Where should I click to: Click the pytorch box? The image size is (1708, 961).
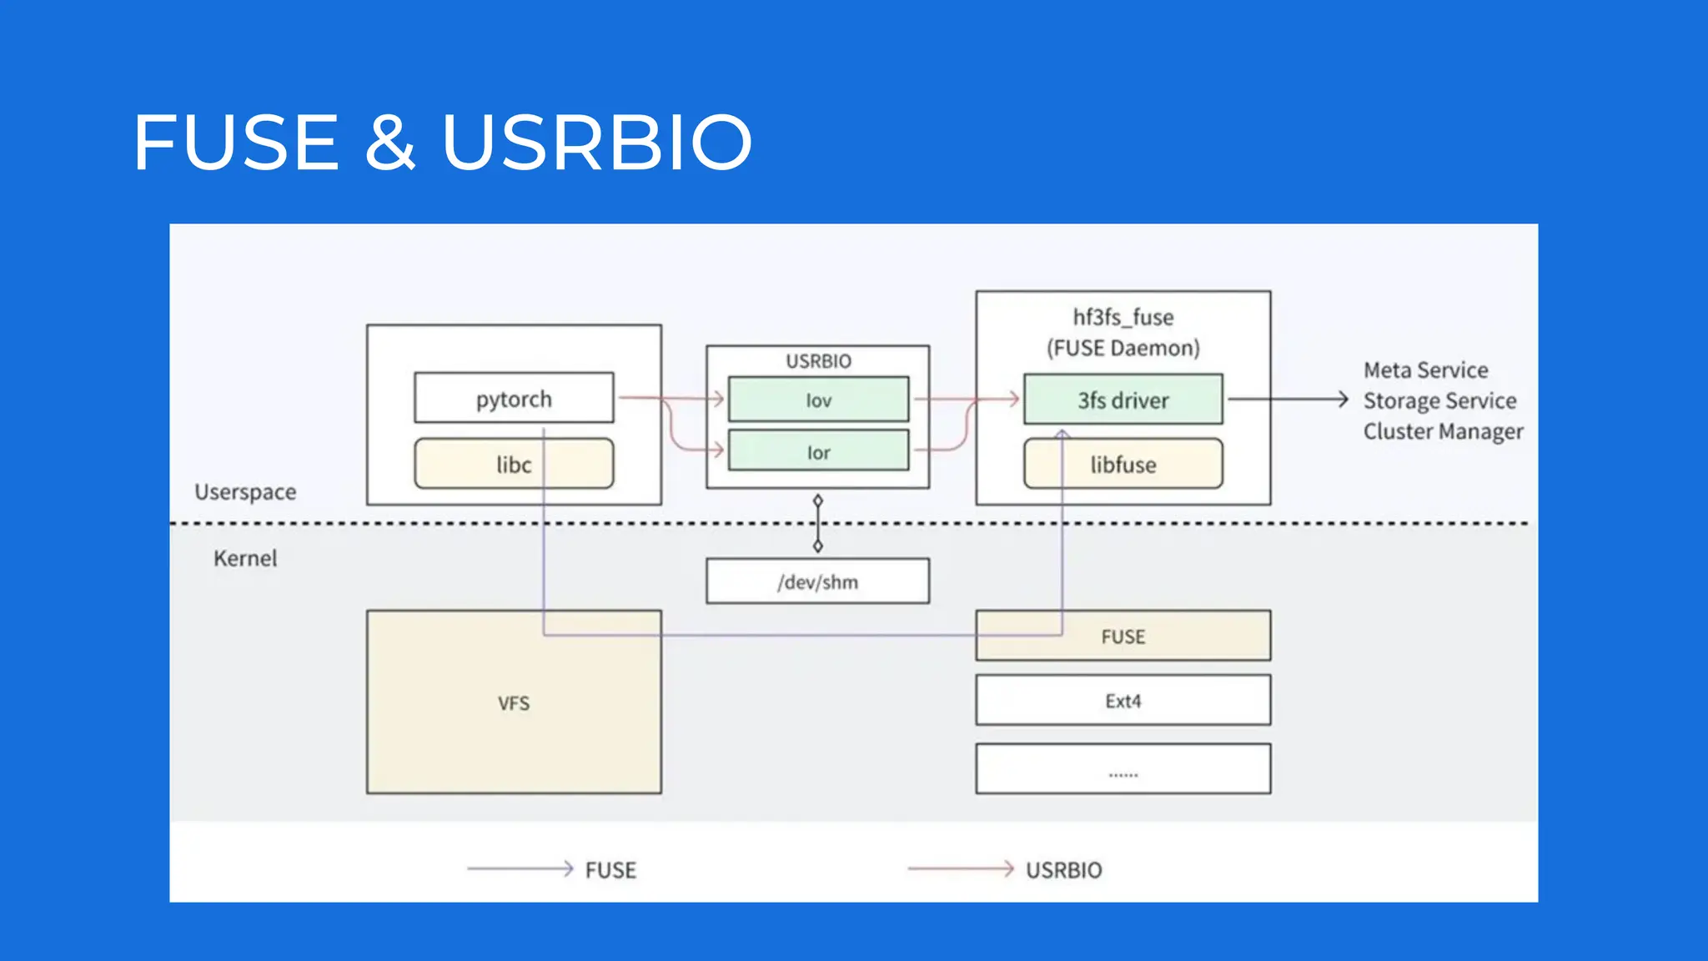click(x=514, y=399)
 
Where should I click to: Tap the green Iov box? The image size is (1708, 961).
click(x=818, y=400)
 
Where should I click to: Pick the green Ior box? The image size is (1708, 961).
click(x=818, y=451)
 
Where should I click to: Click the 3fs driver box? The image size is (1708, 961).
click(x=1123, y=400)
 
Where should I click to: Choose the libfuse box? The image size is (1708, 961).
click(x=1123, y=464)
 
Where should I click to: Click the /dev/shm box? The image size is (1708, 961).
click(x=817, y=581)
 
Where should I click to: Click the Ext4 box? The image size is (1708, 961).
click(x=1123, y=701)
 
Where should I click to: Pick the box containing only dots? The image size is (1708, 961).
click(x=1123, y=769)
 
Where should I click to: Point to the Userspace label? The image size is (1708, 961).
click(x=245, y=491)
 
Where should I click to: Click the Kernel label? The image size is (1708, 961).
click(x=244, y=558)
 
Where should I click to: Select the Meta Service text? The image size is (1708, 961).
click(x=1425, y=370)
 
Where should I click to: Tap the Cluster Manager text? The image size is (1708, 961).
click(x=1443, y=431)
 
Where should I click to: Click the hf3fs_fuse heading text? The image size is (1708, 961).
click(x=1123, y=317)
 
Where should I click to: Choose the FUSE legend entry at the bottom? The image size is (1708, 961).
click(x=610, y=870)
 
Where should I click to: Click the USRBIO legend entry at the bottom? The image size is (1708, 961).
click(x=1063, y=870)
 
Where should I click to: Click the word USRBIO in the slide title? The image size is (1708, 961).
click(x=597, y=143)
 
